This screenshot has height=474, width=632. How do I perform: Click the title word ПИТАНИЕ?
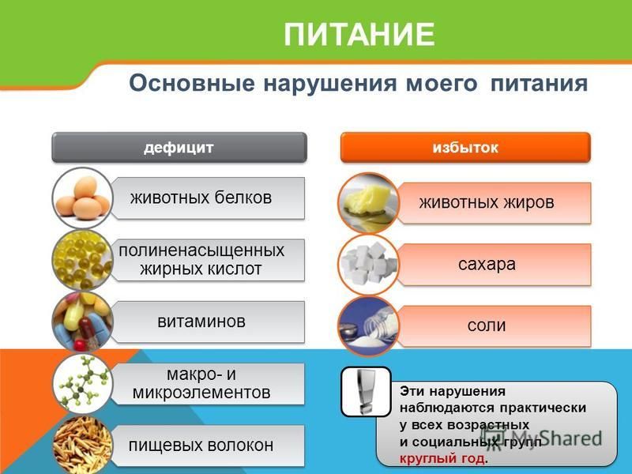[x=359, y=35]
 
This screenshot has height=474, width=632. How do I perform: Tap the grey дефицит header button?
[x=179, y=148]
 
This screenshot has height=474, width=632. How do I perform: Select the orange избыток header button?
[x=465, y=148]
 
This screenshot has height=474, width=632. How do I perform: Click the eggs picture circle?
[x=83, y=198]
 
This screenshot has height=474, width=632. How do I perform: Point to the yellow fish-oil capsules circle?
[x=83, y=260]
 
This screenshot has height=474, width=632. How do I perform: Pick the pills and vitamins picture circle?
[x=83, y=322]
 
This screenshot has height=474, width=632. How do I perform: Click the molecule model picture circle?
[x=83, y=384]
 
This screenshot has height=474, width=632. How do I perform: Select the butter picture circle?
[x=368, y=203]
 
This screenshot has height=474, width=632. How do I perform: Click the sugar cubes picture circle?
[x=368, y=265]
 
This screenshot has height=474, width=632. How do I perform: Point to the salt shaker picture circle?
[x=368, y=326]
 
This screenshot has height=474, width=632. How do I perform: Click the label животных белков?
[x=201, y=198]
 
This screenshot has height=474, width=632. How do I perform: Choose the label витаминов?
[x=201, y=322]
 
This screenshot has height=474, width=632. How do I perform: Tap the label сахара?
[x=487, y=265]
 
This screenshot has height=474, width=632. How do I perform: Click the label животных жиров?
[x=487, y=203]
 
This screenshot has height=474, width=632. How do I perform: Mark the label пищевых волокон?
[x=201, y=446]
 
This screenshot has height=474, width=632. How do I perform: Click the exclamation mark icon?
[x=366, y=392]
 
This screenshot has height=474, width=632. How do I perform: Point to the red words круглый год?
[x=442, y=459]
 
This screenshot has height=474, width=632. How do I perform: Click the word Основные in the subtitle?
[x=192, y=84]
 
